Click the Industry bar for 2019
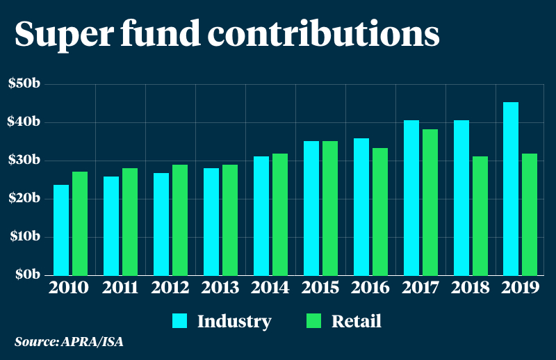(x=511, y=188)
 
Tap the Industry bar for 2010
(x=61, y=229)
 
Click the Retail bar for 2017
(x=430, y=202)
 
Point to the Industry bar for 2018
(x=461, y=197)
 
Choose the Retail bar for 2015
(x=329, y=208)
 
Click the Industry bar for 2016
(x=361, y=206)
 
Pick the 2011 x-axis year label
(x=119, y=288)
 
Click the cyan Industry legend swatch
(x=180, y=321)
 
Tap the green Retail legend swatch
(x=313, y=321)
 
